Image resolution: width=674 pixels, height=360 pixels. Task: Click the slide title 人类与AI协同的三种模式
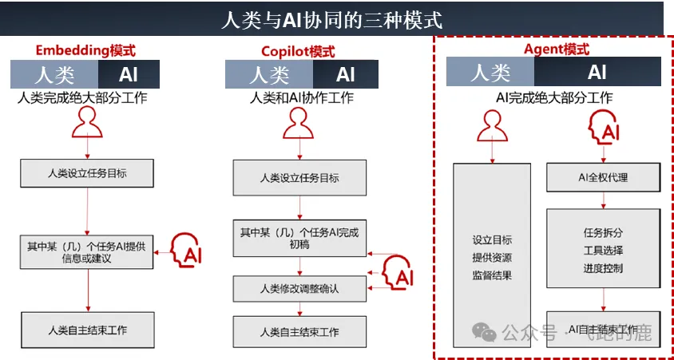click(331, 18)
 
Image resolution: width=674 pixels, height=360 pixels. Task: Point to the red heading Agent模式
click(556, 49)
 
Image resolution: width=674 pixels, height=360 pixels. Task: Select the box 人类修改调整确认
click(300, 288)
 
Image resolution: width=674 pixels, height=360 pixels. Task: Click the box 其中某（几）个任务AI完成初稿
click(300, 237)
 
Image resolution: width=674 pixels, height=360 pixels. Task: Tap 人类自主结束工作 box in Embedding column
click(87, 330)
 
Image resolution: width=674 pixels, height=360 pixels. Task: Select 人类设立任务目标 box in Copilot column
click(300, 178)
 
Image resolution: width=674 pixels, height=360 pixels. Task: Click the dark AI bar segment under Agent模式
click(597, 73)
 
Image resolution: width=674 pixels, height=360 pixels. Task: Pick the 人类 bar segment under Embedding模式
click(54, 74)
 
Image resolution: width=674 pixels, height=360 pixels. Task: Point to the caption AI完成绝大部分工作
click(553, 98)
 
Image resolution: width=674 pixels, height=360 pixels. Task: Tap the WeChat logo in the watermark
click(483, 331)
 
